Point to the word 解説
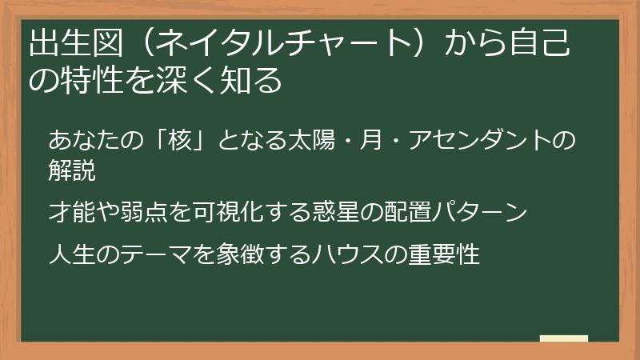pyautogui.click(x=72, y=171)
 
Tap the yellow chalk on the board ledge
pyautogui.click(x=563, y=338)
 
